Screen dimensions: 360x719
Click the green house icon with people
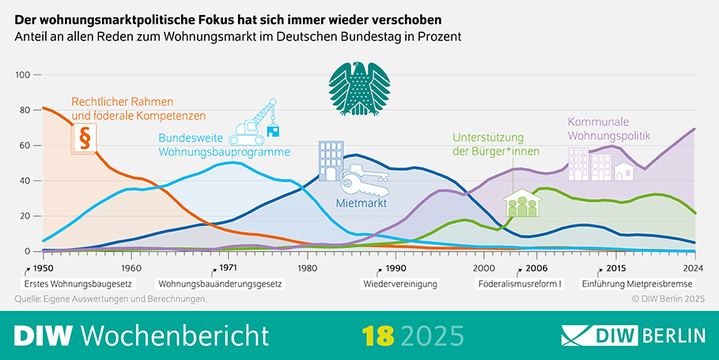521,203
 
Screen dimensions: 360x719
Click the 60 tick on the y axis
25,146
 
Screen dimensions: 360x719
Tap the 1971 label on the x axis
227,267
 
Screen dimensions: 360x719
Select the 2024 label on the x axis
693,267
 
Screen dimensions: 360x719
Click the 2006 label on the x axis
537,267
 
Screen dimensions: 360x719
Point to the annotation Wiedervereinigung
400,282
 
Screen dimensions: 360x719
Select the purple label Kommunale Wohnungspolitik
608,130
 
